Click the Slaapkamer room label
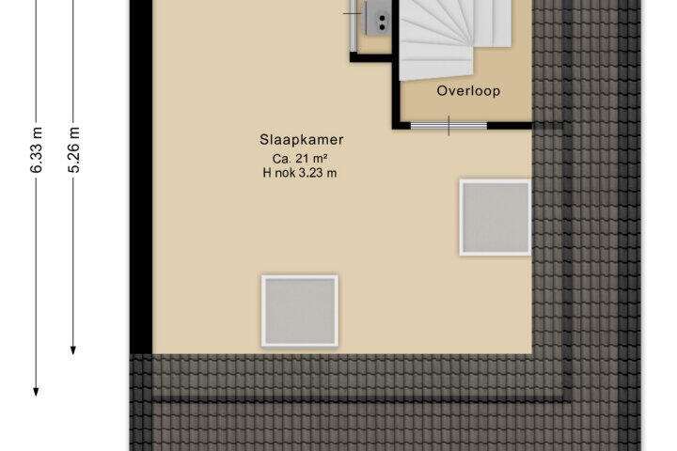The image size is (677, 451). (x=302, y=140)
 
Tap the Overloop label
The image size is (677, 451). (x=468, y=91)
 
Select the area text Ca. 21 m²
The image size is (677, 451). (x=300, y=159)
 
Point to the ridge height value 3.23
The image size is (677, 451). (x=312, y=173)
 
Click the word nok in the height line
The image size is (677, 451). (x=285, y=173)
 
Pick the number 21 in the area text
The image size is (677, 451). (x=302, y=159)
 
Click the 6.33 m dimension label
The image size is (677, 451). (x=37, y=149)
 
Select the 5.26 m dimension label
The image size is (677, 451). (x=74, y=149)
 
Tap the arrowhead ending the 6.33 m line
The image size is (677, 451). (x=37, y=392)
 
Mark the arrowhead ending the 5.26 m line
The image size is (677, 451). (x=73, y=350)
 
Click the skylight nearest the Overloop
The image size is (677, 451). (x=496, y=217)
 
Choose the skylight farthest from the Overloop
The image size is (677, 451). (x=300, y=311)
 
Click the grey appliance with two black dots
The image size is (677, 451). (x=378, y=17)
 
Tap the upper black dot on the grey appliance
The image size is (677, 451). (x=382, y=18)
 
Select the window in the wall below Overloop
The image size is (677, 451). (x=449, y=126)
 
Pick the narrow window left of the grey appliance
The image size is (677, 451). (x=354, y=26)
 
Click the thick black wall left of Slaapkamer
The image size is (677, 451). (x=141, y=177)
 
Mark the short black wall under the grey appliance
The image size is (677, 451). (x=370, y=58)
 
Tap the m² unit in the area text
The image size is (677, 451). (x=320, y=159)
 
